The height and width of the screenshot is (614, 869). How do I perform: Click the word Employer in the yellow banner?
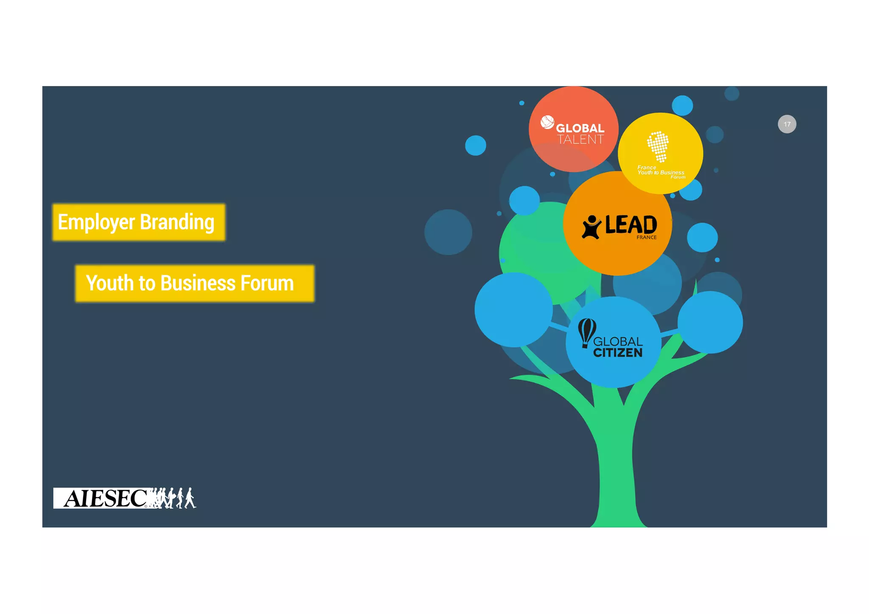[96, 222]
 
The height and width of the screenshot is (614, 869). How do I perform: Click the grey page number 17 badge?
[787, 124]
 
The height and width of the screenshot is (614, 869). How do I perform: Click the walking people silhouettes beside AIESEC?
[174, 498]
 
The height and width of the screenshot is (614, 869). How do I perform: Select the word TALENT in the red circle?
[580, 140]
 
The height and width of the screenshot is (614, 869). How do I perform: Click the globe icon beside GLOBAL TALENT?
[547, 122]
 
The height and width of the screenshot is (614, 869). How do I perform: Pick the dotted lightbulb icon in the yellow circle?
[658, 146]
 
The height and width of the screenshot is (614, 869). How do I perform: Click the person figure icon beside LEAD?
[591, 227]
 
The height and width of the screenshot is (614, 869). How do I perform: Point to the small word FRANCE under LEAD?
[646, 238]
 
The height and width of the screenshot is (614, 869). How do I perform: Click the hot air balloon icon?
[587, 332]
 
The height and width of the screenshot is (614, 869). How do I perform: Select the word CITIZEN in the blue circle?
[617, 353]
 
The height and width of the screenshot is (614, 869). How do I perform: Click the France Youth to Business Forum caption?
[661, 172]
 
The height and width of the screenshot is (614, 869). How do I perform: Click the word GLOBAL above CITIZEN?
[618, 342]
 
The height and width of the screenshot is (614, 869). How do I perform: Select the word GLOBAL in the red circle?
[580, 128]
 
